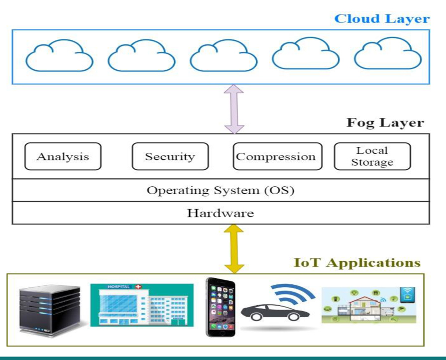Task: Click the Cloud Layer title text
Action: tap(381, 19)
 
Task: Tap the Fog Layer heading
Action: tap(385, 122)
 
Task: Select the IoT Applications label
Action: tap(357, 262)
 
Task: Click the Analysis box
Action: tap(63, 156)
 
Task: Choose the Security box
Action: tap(170, 156)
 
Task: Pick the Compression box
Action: tap(276, 156)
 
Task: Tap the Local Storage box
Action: tap(372, 156)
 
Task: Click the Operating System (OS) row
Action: tap(220, 191)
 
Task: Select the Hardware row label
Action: tap(220, 214)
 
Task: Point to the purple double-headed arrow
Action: tap(234, 109)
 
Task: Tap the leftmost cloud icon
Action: tap(59, 57)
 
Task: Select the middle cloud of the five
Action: tap(223, 57)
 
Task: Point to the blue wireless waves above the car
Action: tap(294, 295)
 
